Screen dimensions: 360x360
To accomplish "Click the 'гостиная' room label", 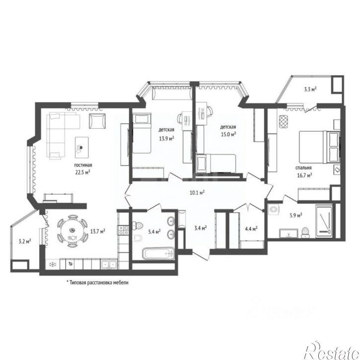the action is click(x=83, y=165).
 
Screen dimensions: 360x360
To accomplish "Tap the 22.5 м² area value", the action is click(x=82, y=172).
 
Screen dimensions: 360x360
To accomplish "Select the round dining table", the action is click(x=72, y=231).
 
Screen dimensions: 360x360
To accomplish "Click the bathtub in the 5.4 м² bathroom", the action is click(x=158, y=253).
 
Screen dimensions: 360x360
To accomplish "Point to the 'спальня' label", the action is click(x=303, y=168).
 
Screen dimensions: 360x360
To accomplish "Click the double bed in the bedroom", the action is click(x=319, y=147).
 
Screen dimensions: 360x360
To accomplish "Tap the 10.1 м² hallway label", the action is click(x=197, y=192).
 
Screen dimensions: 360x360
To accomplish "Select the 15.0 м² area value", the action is click(x=228, y=134).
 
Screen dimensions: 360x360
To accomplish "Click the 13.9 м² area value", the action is click(x=166, y=139).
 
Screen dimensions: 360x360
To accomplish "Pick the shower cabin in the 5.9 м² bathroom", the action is click(x=324, y=221).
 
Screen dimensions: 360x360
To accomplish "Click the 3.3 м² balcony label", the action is click(x=310, y=89).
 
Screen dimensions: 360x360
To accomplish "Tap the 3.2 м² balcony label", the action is click(x=25, y=241).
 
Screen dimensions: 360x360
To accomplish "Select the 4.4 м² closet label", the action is click(x=251, y=229).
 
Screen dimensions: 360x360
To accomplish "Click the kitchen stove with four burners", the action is click(x=124, y=230).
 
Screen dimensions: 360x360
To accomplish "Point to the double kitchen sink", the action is click(x=109, y=264).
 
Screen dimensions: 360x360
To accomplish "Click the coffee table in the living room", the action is click(x=82, y=147).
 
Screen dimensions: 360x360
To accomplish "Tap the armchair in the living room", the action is click(x=97, y=121).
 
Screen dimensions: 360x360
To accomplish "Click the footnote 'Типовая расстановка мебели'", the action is click(x=97, y=283).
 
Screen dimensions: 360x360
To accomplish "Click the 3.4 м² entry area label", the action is click(x=200, y=228).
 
